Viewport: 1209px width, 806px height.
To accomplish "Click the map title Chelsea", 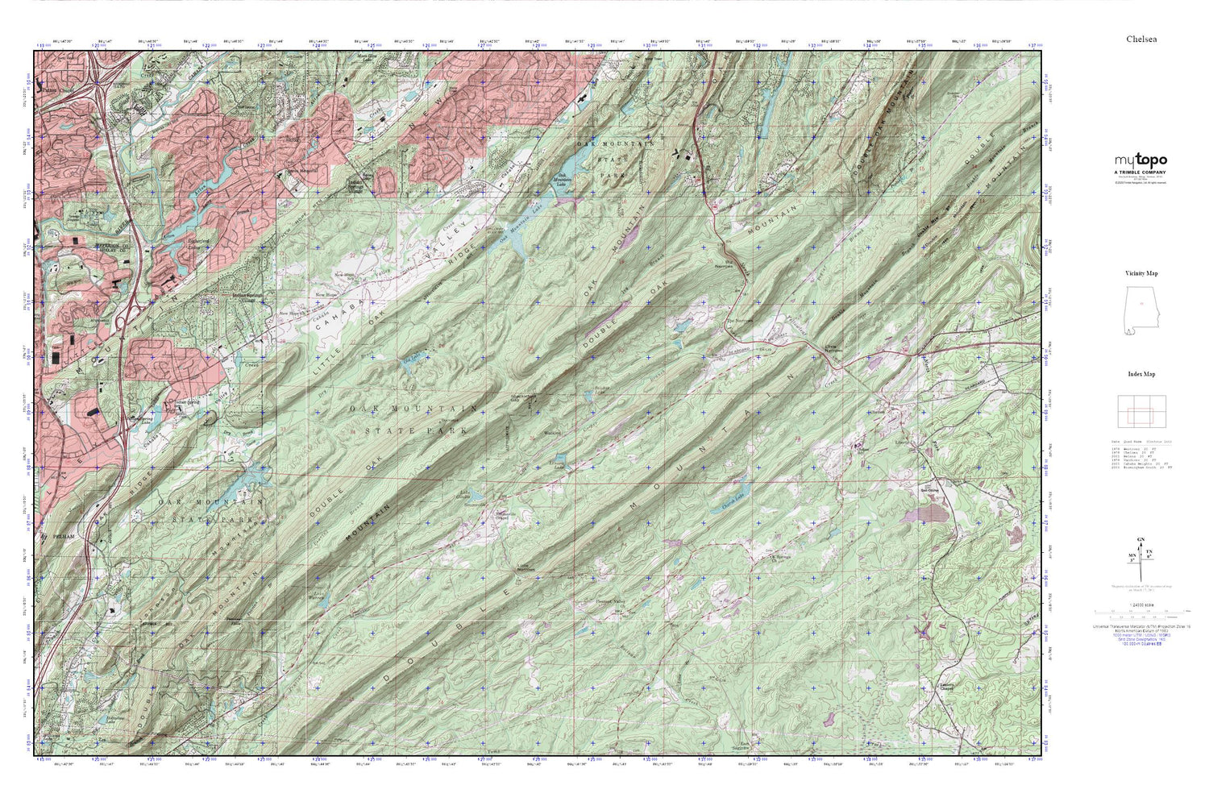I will (x=1141, y=39).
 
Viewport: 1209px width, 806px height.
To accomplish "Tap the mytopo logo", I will (x=1140, y=160).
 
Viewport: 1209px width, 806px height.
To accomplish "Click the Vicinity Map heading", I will (x=1140, y=273).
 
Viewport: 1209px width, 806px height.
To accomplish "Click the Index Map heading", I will (x=1140, y=374).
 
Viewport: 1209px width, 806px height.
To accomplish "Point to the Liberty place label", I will (x=902, y=442).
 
